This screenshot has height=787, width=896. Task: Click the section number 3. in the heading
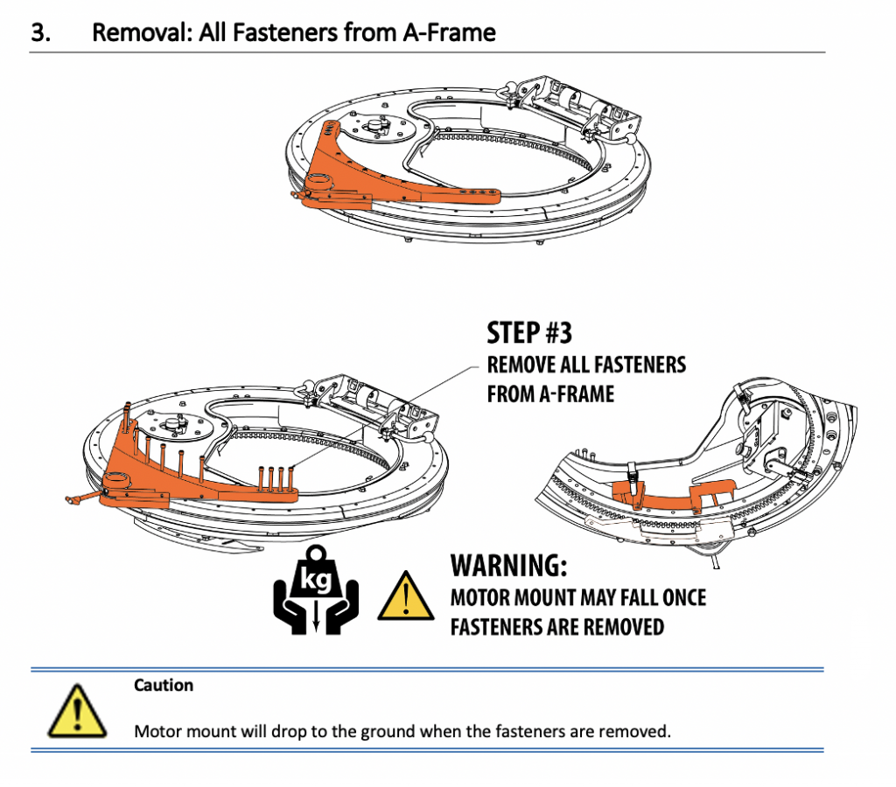pos(42,33)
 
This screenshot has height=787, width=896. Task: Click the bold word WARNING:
pos(508,566)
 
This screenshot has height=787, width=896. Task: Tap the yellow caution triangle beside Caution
pos(76,710)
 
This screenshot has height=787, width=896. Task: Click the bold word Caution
pos(164,685)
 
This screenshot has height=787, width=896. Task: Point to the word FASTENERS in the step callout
pos(640,365)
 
